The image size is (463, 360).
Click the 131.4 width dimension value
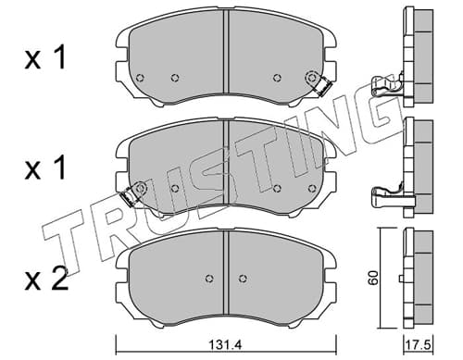pos(226,344)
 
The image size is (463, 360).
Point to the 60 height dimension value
pos(373,278)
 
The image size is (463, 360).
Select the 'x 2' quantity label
pos(46,279)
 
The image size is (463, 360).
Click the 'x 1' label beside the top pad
pos(45,57)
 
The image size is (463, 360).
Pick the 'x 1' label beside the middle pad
pos(45,168)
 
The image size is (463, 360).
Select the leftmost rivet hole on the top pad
pos(140,78)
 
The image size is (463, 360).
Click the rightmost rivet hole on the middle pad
pos(312,188)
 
